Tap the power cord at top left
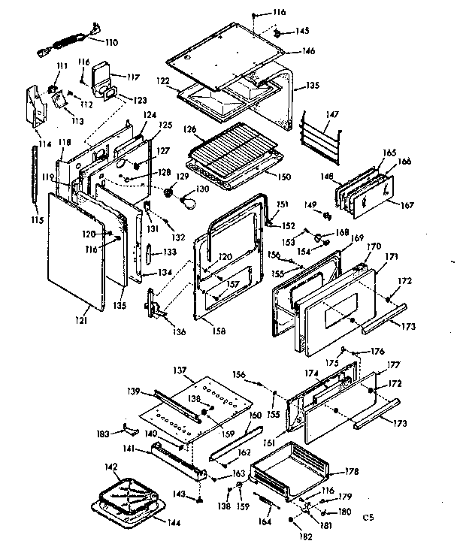[x=68, y=44]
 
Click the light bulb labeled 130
[x=191, y=201]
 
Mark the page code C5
[x=368, y=517]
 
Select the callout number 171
[x=391, y=258]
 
